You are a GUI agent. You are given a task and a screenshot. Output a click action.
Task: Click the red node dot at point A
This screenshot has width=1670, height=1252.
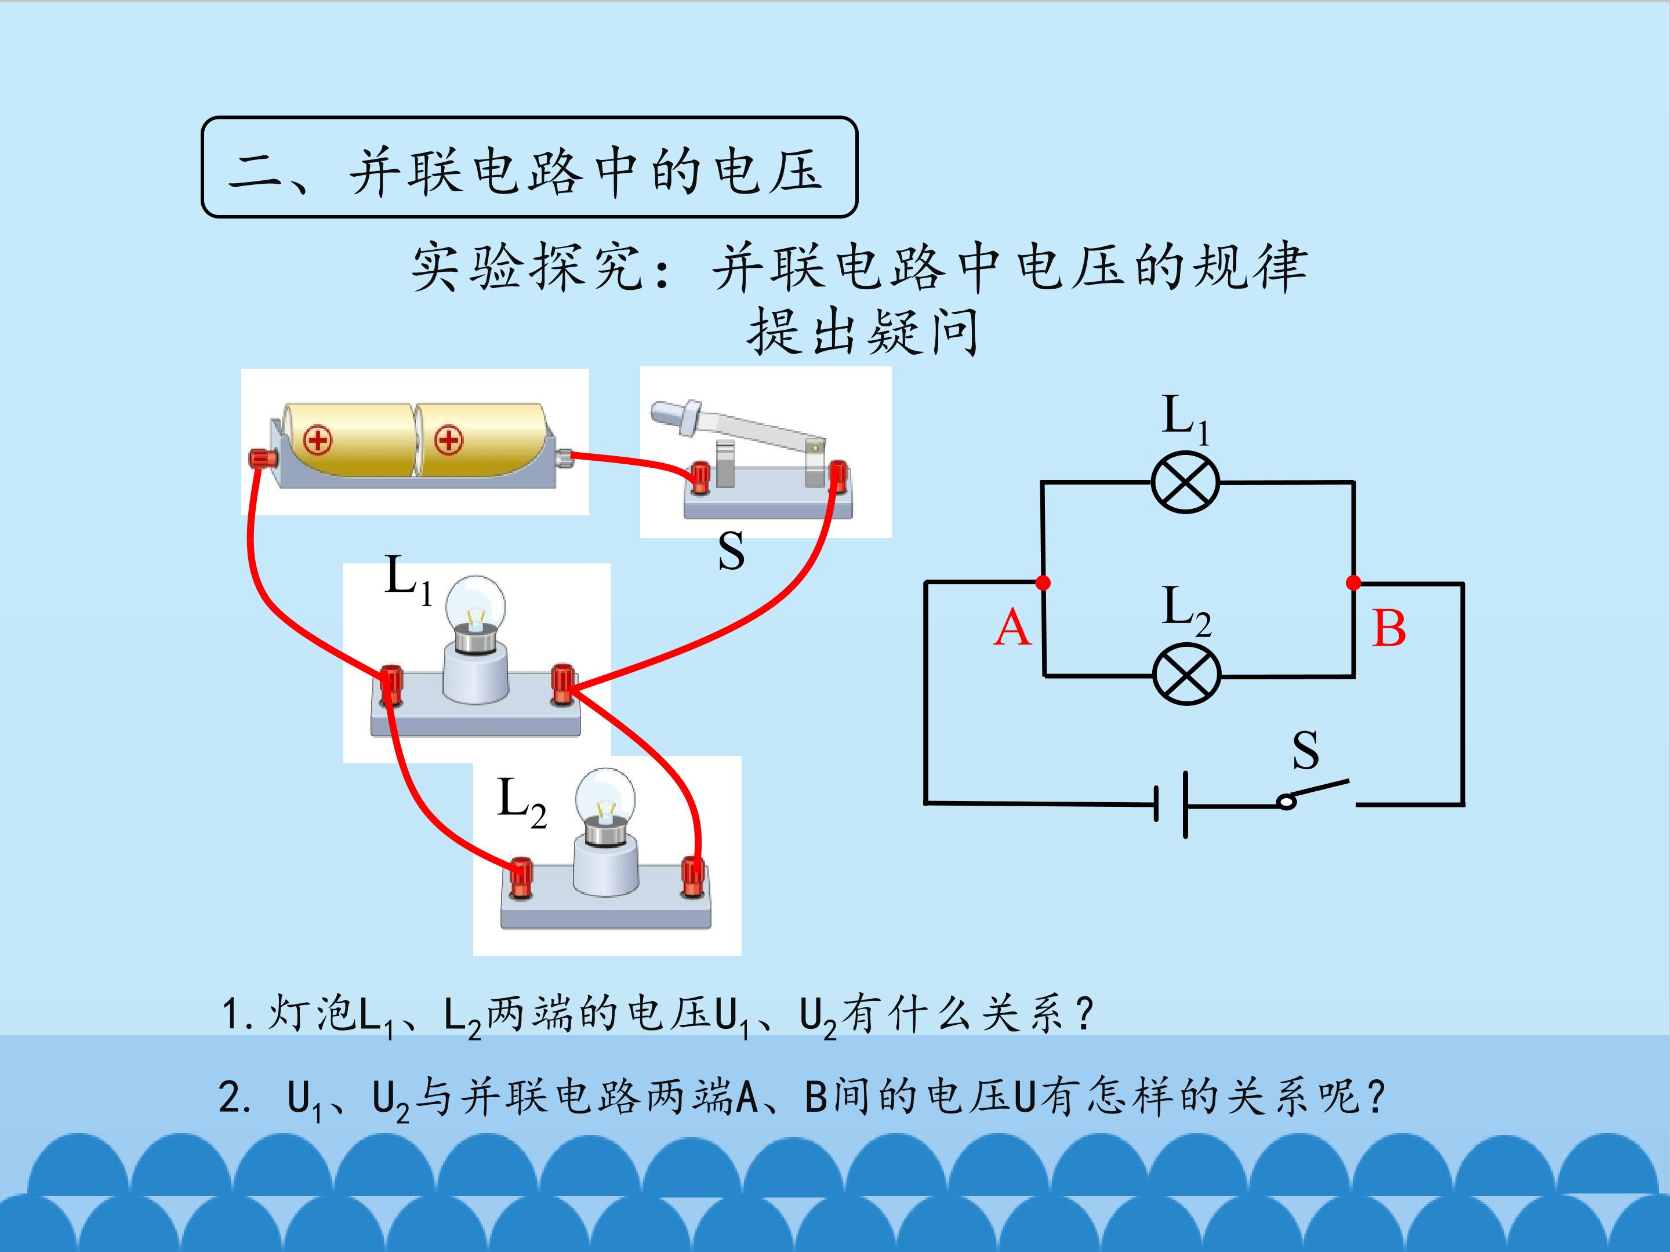1043,583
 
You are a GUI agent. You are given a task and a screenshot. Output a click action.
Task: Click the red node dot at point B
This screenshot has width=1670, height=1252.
1353,583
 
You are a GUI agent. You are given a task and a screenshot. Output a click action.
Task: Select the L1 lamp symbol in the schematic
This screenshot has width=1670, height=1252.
1185,482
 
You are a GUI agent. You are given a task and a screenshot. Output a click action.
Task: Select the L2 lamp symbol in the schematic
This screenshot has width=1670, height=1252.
1187,674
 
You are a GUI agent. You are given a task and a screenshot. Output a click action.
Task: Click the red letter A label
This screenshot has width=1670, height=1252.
1012,628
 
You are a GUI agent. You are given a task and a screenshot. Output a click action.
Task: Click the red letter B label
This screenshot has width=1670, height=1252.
1389,628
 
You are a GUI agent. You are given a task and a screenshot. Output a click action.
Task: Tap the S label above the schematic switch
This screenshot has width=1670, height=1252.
1305,749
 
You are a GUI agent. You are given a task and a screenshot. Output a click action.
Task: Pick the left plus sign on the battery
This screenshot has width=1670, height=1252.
318,440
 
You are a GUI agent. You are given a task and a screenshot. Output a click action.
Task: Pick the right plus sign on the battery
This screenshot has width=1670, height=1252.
449,440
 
